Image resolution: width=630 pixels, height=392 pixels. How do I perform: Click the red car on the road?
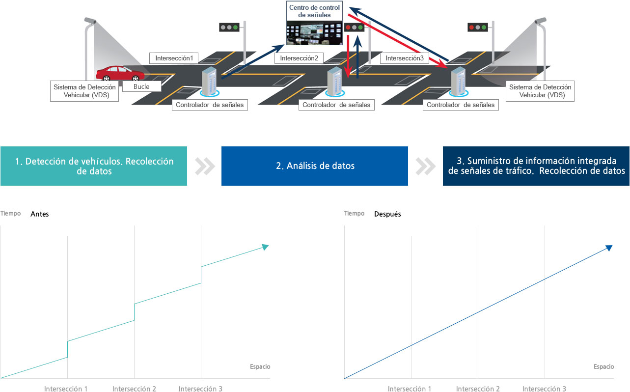point(120,73)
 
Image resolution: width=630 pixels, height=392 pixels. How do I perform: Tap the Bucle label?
point(141,86)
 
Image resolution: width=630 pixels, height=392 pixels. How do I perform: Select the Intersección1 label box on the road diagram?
point(174,58)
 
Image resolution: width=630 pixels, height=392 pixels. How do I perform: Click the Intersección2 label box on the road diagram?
point(299,58)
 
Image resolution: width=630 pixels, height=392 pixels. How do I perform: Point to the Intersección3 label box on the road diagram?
point(405,58)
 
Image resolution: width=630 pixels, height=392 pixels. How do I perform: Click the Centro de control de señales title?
point(314,11)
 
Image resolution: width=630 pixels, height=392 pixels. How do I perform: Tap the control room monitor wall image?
point(314,33)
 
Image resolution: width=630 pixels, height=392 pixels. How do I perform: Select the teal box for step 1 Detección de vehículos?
point(94,166)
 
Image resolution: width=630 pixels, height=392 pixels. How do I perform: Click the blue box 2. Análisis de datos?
point(314,166)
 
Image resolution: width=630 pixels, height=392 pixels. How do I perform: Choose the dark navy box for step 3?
point(536,166)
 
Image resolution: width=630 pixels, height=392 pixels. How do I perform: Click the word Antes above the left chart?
point(40,214)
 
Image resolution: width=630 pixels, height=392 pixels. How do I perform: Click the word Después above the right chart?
point(387,214)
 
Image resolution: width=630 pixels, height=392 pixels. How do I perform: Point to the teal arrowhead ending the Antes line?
point(265,247)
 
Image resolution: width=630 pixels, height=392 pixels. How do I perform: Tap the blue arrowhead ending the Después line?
point(609,248)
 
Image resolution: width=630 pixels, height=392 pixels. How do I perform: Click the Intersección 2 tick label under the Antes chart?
point(134,389)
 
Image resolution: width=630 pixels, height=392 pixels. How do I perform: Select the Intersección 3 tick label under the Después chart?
point(544,389)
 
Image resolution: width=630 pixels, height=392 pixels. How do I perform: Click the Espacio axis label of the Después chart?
point(603,366)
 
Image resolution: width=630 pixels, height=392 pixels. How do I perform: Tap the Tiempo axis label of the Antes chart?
point(10,213)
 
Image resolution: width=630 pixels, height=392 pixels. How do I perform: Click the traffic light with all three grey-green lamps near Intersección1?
point(229,28)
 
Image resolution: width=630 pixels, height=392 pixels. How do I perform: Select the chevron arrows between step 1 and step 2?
point(205,167)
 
